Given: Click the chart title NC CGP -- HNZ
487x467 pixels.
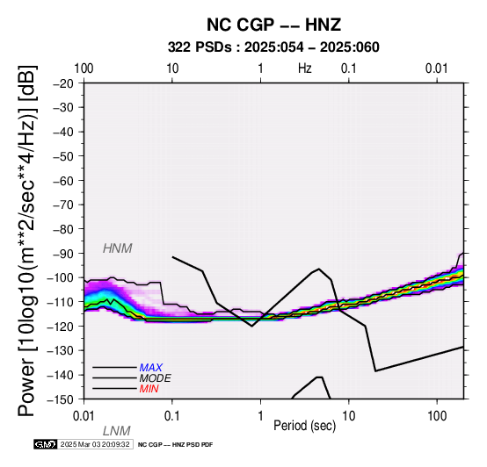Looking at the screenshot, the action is [x=273, y=25].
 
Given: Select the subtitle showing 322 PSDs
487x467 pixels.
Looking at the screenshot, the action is [x=273, y=47].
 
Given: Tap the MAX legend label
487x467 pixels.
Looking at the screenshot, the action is [x=150, y=368].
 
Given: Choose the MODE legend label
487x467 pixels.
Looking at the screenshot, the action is [x=156, y=378].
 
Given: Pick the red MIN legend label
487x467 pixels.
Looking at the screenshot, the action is [x=149, y=389].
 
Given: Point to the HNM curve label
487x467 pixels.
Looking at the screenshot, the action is [x=118, y=248].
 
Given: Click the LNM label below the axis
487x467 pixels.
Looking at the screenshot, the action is [x=116, y=431].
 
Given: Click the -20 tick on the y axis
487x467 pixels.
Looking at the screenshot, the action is [x=63, y=83].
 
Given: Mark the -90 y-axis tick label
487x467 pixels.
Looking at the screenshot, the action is [x=63, y=254].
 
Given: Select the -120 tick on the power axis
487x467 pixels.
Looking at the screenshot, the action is [x=60, y=327].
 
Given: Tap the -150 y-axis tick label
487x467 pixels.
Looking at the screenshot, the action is [x=60, y=399].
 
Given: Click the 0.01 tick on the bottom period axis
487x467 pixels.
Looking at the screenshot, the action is [x=84, y=416].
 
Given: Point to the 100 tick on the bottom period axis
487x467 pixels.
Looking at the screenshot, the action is [x=437, y=416].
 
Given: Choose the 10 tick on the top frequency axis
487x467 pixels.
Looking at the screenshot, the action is [x=172, y=68].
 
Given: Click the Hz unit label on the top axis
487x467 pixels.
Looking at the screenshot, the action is [x=305, y=68].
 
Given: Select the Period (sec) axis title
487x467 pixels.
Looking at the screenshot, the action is [x=305, y=425].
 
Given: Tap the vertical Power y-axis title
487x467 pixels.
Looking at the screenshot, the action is [x=27, y=241].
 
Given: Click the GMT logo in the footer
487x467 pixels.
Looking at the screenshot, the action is [x=46, y=444].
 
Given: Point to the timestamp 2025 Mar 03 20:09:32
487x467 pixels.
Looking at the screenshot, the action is [x=95, y=444].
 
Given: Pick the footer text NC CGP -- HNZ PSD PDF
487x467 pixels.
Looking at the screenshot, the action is [x=175, y=445].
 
